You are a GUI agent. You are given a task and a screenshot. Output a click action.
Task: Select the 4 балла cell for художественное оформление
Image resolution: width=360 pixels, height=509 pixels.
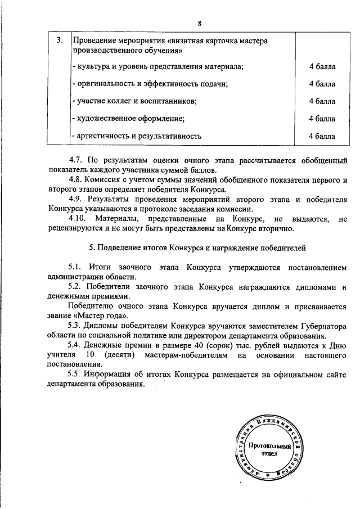coord(322,119)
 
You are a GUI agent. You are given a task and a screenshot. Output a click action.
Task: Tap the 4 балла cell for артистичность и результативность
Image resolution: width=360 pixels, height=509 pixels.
coord(322,136)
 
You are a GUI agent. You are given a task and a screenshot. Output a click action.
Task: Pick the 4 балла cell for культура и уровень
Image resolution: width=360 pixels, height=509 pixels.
coord(322,67)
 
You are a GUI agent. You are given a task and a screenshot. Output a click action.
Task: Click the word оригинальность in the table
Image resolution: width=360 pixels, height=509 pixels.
coord(103,84)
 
